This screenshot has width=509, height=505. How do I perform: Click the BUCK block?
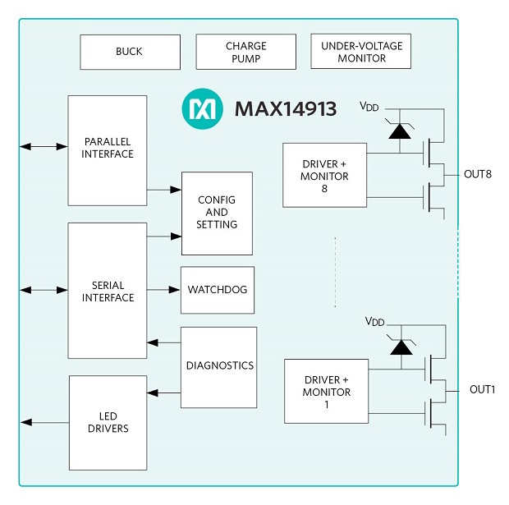(130, 52)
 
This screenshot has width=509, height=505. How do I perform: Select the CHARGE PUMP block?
(245, 52)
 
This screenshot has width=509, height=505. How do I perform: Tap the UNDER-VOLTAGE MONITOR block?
(360, 52)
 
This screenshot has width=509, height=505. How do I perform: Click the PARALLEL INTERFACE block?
(107, 149)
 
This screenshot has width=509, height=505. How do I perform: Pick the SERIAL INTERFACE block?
(107, 291)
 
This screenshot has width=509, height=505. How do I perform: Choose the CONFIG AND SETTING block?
(217, 213)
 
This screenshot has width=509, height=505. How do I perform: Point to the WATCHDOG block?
(218, 290)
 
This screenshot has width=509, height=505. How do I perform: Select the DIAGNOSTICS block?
(219, 366)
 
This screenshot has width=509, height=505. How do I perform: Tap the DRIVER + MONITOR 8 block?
(325, 175)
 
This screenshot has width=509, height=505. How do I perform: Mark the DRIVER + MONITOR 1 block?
(327, 391)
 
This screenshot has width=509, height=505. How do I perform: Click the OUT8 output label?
(477, 174)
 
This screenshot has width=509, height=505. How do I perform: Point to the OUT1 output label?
(482, 389)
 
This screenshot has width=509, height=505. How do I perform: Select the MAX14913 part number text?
(285, 109)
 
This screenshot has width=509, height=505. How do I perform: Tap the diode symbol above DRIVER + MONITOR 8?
(400, 131)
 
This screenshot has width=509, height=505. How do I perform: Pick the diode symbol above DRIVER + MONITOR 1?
(401, 346)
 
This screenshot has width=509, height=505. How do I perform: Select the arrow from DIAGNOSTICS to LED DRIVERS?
(163, 393)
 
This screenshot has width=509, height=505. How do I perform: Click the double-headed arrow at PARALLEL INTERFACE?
(44, 146)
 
